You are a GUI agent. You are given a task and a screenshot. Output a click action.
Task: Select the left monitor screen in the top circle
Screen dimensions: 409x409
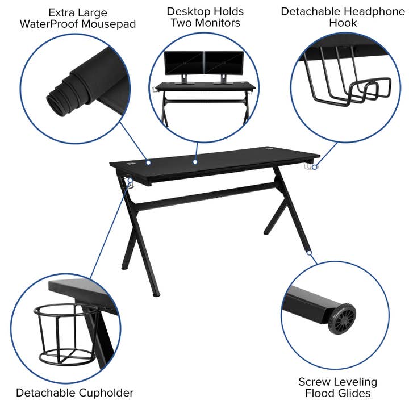click(183, 63)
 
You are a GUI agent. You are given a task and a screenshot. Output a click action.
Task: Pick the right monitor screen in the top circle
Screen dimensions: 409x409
click(223, 63)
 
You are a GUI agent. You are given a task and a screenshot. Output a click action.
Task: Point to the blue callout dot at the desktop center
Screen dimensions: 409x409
click(194, 162)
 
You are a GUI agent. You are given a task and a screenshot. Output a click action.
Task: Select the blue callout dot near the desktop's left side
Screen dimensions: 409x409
click(148, 162)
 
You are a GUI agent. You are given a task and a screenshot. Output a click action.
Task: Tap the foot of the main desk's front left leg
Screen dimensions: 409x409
click(157, 295)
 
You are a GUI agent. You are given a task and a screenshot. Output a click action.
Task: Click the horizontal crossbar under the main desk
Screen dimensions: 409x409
click(204, 198)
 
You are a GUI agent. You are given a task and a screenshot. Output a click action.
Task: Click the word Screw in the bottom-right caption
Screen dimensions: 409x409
click(314, 381)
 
